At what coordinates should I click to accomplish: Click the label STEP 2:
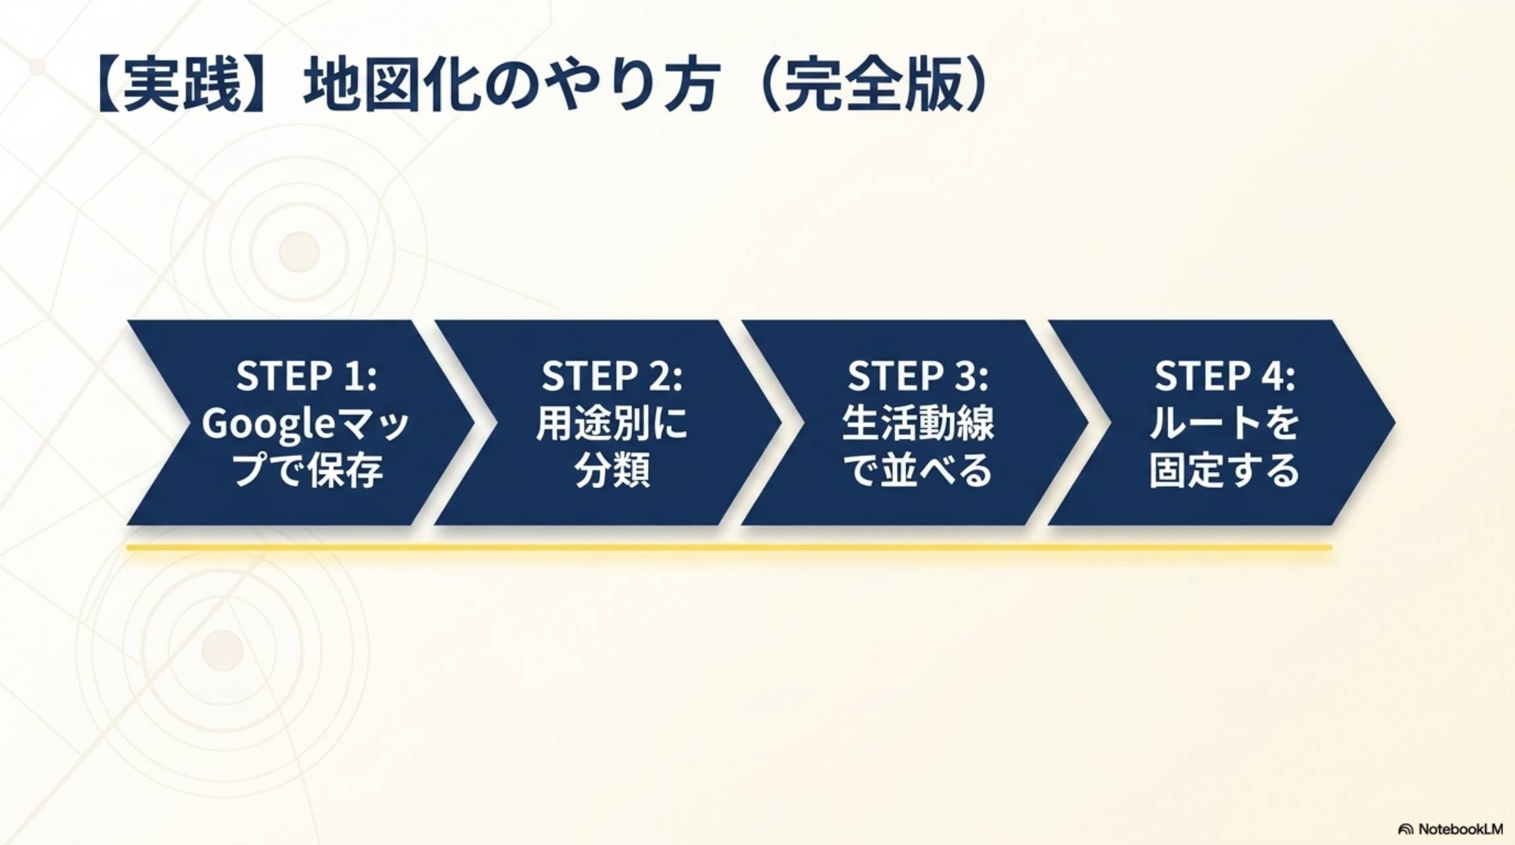[612, 376]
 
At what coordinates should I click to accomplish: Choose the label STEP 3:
[918, 376]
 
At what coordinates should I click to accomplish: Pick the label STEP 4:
[1225, 376]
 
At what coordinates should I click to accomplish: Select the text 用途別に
[612, 423]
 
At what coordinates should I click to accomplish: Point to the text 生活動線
[918, 423]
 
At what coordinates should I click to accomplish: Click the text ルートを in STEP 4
[1225, 423]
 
